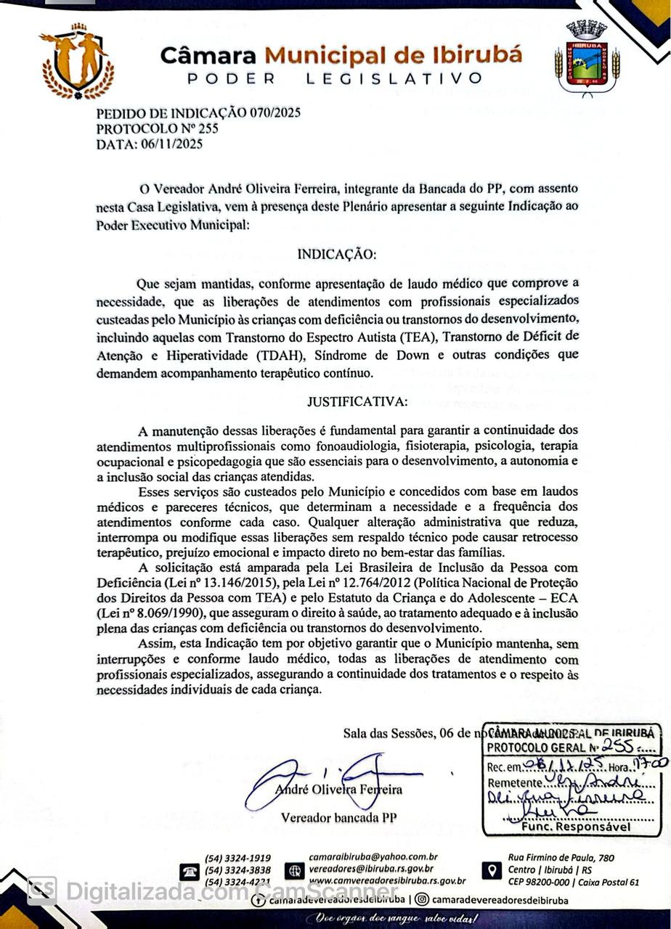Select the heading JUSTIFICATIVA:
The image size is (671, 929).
click(x=357, y=401)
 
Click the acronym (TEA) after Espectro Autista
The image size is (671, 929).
click(x=418, y=336)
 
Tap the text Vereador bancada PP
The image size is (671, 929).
click(x=339, y=818)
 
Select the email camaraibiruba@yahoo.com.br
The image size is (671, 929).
click(x=373, y=857)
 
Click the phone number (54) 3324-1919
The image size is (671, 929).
click(x=238, y=858)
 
